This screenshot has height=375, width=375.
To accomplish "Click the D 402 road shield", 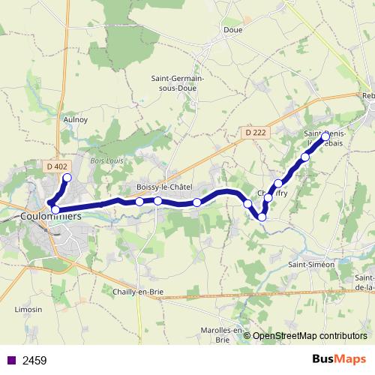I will [56, 166].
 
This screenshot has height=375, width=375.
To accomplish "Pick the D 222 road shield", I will [256, 132].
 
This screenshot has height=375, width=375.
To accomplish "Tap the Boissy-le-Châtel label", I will [165, 187].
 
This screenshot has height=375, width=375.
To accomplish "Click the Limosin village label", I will [28, 309].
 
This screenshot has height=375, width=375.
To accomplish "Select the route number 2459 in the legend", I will [34, 361].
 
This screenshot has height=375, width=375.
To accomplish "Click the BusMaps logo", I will [338, 359].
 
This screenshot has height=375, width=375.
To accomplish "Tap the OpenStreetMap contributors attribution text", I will [310, 335].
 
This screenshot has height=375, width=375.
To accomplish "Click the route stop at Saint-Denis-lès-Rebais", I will [325, 136].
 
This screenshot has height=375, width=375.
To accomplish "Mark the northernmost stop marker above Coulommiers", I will [66, 178].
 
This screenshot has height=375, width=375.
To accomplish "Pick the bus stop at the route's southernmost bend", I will [262, 217].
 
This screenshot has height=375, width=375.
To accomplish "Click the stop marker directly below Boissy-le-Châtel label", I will [158, 200].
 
